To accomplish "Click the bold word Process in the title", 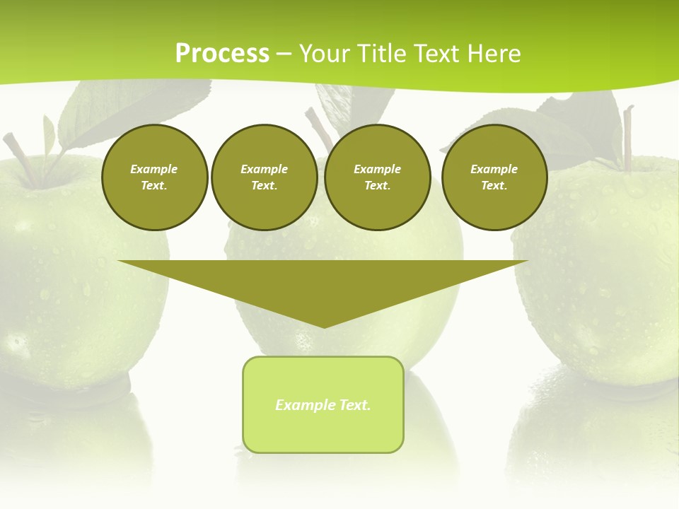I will click(x=222, y=54).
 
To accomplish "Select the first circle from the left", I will click(x=154, y=177).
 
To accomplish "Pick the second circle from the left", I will click(x=264, y=177).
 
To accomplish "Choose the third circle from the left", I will click(x=377, y=177).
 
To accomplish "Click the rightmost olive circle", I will click(x=494, y=177).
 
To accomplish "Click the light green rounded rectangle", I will click(x=323, y=431).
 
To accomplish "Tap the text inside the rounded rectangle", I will click(x=323, y=405).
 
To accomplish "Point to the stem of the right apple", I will click(x=627, y=138).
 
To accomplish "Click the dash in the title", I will click(x=284, y=54).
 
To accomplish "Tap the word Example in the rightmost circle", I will click(x=494, y=169).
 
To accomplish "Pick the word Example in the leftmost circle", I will click(x=154, y=169).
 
